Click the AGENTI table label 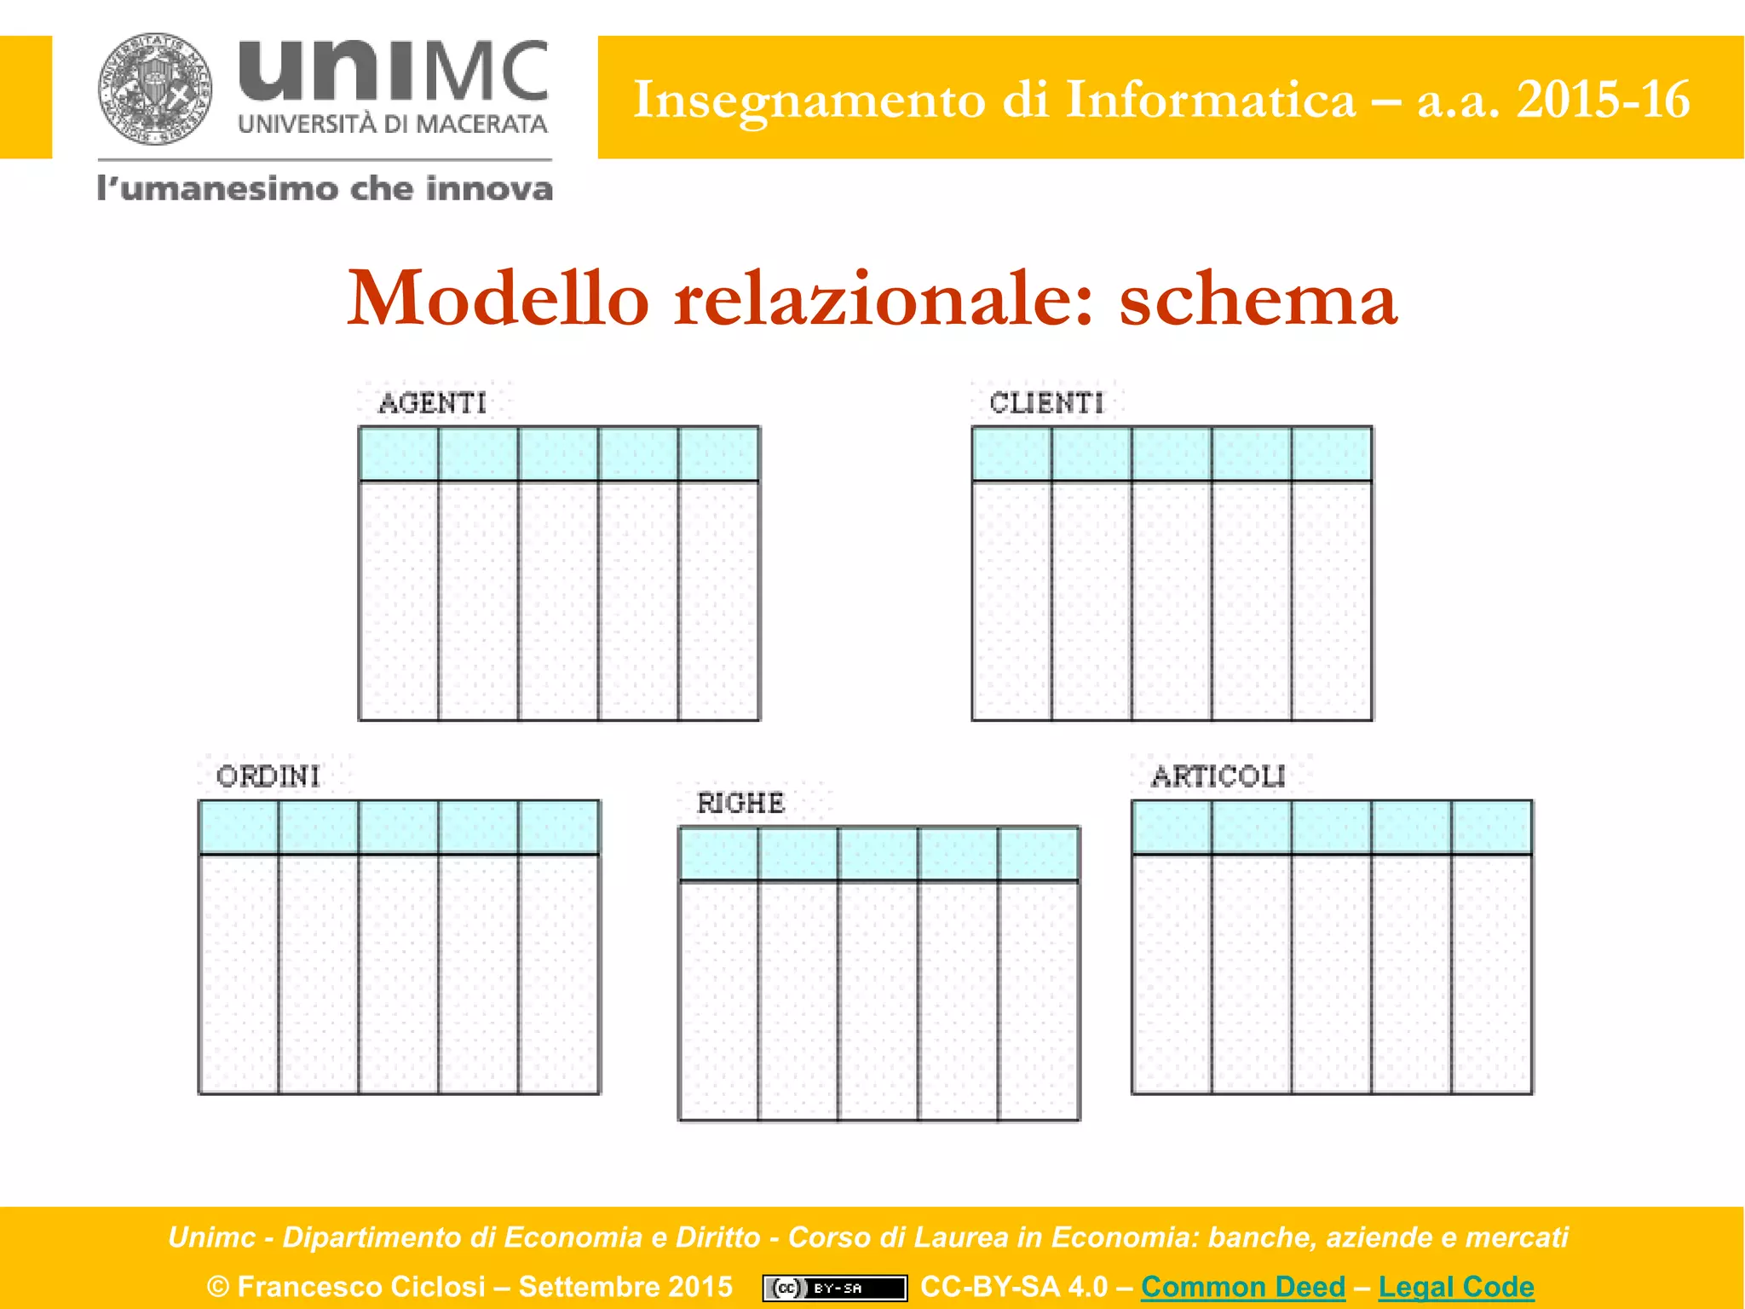(433, 403)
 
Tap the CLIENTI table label (1046, 403)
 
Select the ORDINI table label (268, 776)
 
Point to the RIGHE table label (740, 803)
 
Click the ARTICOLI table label (1218, 776)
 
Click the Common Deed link (1243, 1286)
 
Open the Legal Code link (1456, 1286)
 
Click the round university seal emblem (155, 89)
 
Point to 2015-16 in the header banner (1603, 100)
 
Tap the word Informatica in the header (1210, 100)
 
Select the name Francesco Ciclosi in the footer (361, 1286)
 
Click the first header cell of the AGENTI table (399, 454)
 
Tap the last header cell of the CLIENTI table (1332, 454)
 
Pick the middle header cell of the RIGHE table (878, 854)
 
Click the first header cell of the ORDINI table (239, 827)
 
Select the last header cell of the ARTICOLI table (1492, 827)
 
